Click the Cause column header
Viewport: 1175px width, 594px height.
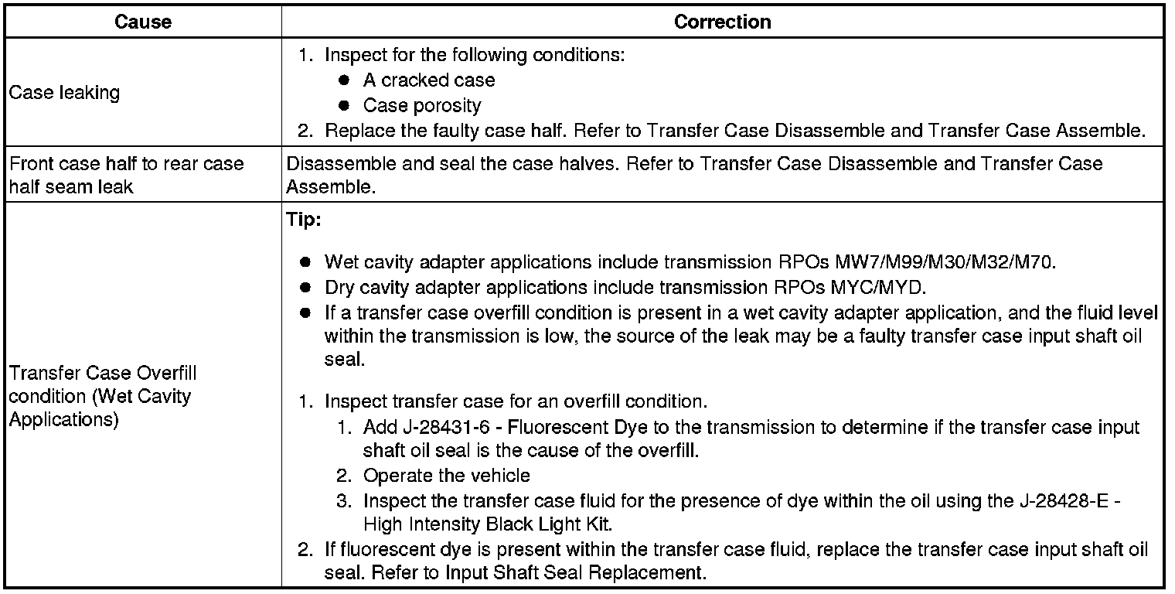pos(142,22)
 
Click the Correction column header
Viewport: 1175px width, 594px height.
pos(722,22)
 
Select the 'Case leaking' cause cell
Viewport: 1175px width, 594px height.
pos(64,93)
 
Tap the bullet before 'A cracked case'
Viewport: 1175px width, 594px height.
pos(345,80)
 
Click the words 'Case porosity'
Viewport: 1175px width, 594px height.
pos(422,105)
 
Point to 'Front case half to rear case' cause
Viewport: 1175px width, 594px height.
pos(126,164)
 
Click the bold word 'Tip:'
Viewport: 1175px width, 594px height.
pos(303,220)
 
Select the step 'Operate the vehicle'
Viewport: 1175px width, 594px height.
pos(447,476)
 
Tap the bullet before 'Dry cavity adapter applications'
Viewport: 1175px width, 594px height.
pos(306,288)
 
